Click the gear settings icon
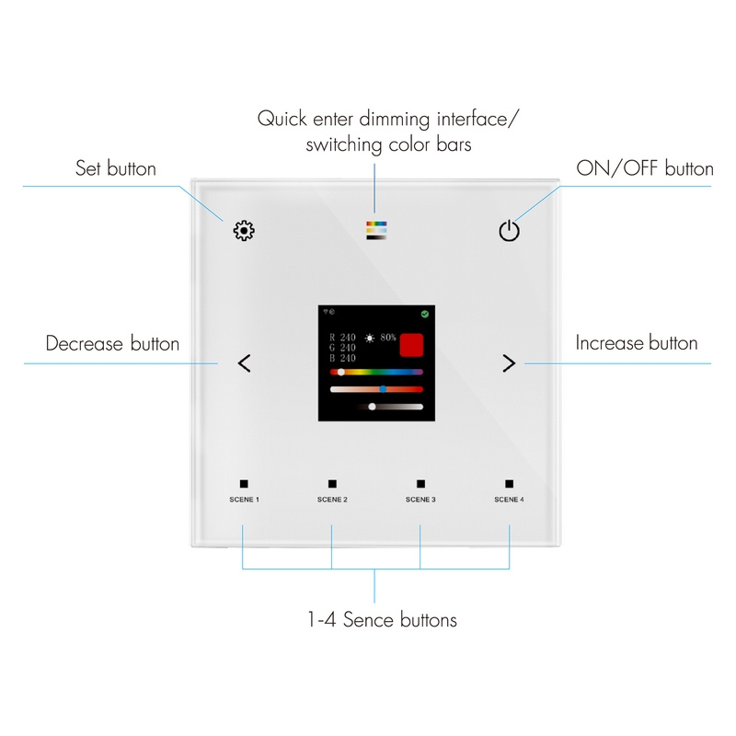click(x=244, y=231)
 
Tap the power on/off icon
click(x=510, y=231)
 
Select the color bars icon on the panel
click(x=376, y=231)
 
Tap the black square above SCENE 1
click(x=244, y=484)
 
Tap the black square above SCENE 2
click(x=332, y=484)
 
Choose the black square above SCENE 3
click(x=421, y=484)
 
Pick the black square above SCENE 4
click(x=510, y=484)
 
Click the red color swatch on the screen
click(x=411, y=345)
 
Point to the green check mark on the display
click(x=425, y=314)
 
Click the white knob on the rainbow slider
click(x=341, y=373)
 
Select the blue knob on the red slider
click(x=383, y=389)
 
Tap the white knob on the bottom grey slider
click(x=373, y=407)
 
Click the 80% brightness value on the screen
click(x=388, y=338)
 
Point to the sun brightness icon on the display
click(x=370, y=338)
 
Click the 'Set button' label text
click(x=116, y=168)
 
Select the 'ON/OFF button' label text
click(x=645, y=168)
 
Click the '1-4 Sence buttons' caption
click(x=382, y=619)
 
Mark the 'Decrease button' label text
click(x=112, y=343)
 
